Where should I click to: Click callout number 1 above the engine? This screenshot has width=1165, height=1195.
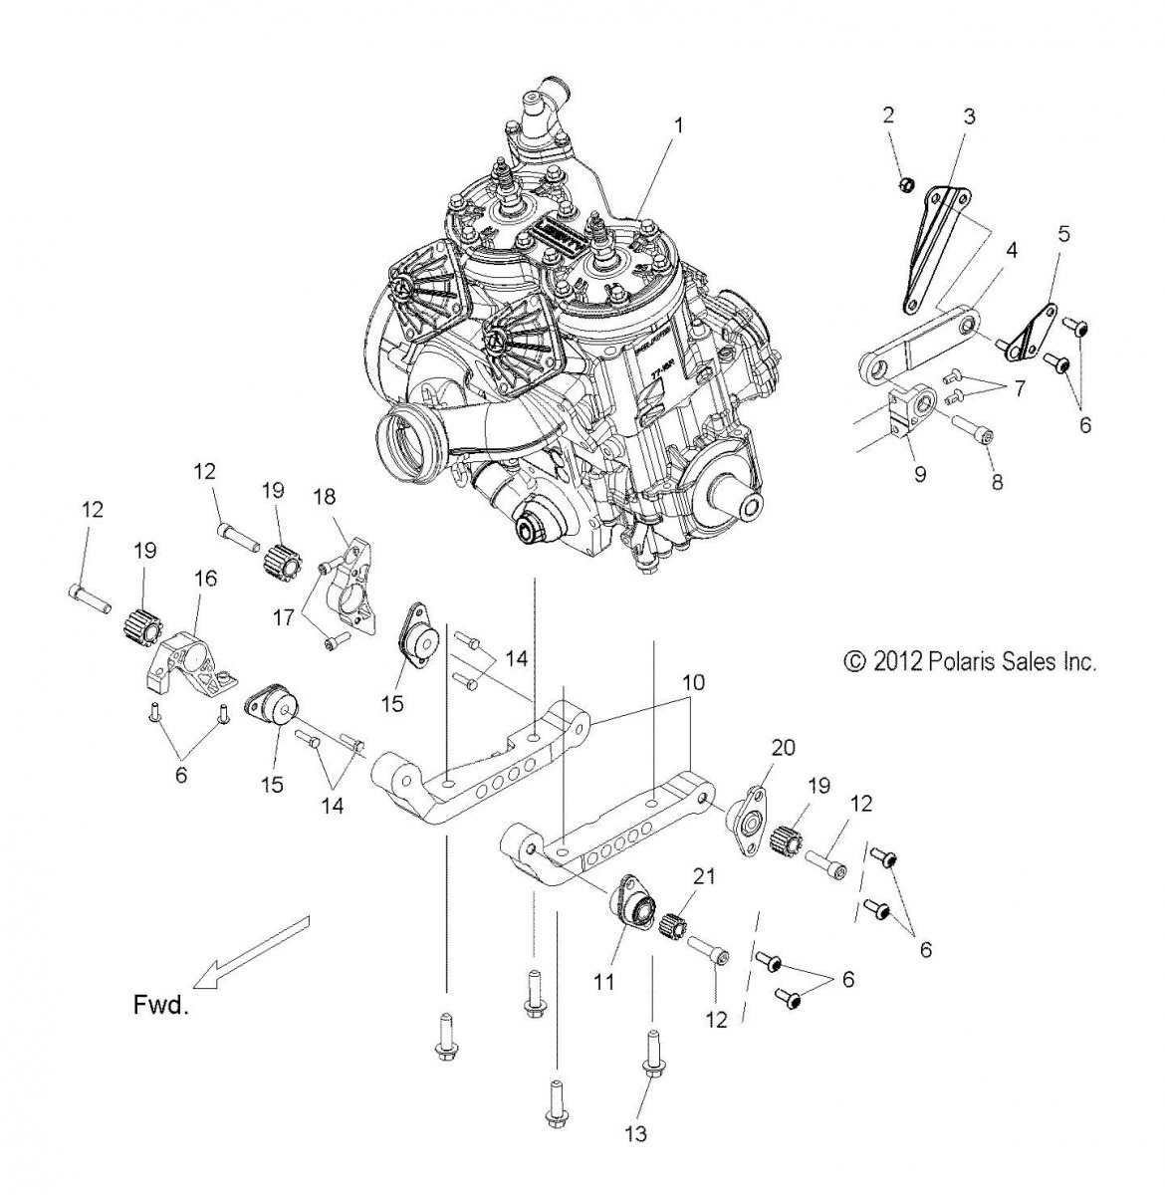click(678, 126)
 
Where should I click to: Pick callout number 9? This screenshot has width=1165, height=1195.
click(919, 474)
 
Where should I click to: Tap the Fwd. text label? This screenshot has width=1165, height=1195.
click(160, 1005)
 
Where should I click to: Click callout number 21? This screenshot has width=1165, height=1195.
click(704, 876)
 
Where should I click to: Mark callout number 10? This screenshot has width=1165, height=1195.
click(693, 683)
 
